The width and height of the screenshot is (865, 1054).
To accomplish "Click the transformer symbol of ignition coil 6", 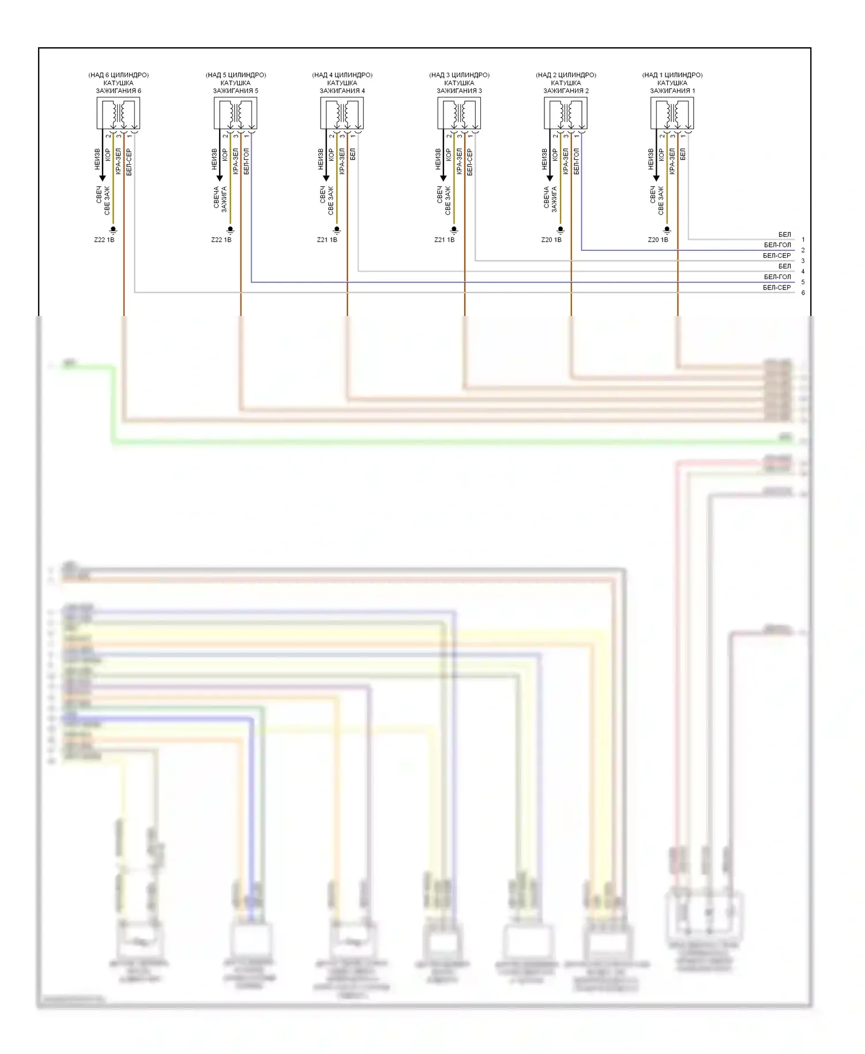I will [x=118, y=113].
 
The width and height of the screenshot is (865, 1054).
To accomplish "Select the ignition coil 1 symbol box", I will [x=672, y=113].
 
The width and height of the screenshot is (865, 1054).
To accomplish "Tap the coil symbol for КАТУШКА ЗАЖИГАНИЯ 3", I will [x=459, y=113].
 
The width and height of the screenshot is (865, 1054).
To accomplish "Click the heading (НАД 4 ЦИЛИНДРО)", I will [x=342, y=75].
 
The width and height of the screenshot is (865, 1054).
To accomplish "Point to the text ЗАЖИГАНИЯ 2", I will [x=566, y=91].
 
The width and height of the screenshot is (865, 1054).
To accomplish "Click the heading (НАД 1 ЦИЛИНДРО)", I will [x=672, y=75].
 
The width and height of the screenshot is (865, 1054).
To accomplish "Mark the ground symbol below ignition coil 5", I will [x=230, y=230].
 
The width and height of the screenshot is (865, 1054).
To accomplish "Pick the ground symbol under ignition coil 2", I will [x=561, y=230].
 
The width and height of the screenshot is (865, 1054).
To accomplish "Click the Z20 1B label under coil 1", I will [x=658, y=240].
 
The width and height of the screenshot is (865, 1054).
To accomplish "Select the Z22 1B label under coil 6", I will [x=104, y=240].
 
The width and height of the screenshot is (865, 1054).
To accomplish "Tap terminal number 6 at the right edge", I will [x=803, y=293].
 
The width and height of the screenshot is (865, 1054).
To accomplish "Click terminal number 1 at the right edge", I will [x=803, y=240].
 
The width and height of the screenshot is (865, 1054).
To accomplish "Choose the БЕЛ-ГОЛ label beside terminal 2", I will [x=777, y=245].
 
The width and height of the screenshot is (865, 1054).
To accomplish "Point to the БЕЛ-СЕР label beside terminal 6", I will [x=777, y=288].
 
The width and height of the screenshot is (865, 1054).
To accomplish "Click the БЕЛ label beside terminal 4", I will [x=784, y=266].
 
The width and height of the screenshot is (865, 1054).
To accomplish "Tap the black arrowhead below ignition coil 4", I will [x=326, y=178].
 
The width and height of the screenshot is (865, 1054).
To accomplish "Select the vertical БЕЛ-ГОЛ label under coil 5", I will [x=246, y=161].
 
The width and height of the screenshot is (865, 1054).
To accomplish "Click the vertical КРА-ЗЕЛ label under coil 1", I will [x=672, y=161].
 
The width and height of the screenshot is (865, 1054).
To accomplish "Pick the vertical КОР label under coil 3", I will [x=449, y=155].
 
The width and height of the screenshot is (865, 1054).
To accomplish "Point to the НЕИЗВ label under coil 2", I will [x=544, y=159].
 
